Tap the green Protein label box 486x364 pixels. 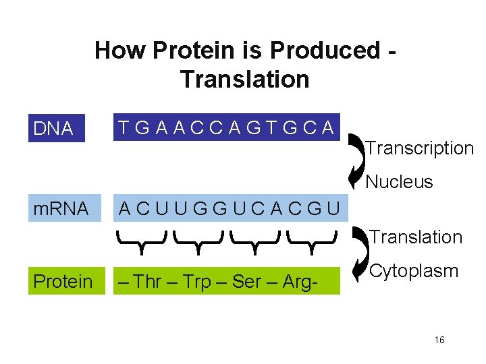coord(63,280)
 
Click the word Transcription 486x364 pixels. coord(419,148)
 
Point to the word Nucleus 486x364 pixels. coord(400,182)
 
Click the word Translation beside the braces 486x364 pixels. coord(415,237)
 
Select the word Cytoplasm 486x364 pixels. coord(414,272)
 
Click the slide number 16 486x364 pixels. coord(439,340)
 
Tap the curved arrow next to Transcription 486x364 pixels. coord(355,161)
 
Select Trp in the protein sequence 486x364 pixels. coord(198,280)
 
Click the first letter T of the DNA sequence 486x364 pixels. coord(124,127)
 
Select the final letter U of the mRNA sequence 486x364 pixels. coord(332,208)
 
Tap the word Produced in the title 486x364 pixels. coord(324,50)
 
